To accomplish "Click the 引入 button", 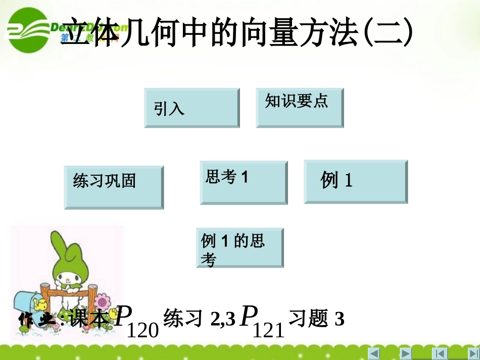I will (191, 108).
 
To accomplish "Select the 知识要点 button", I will (300, 108).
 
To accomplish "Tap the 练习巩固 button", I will (114, 187).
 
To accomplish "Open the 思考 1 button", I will (244, 182).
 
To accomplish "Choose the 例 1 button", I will (356, 182).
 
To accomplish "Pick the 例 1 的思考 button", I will (239, 247).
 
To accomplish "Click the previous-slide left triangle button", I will (374, 353).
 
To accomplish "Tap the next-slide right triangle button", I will (406, 353).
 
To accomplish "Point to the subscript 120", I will (144, 330).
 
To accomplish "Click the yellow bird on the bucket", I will (39, 304).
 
